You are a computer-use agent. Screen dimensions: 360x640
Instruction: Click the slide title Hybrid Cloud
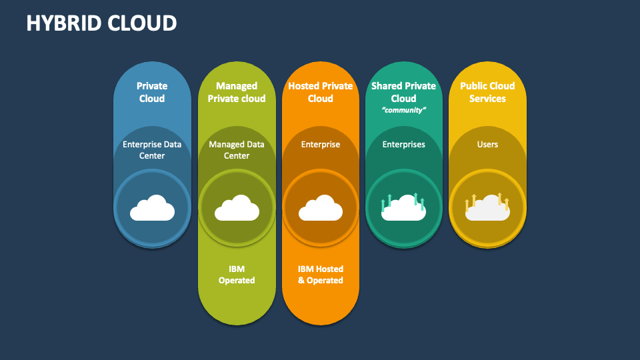click(101, 23)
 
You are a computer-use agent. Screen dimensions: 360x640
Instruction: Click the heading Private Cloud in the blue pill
click(152, 92)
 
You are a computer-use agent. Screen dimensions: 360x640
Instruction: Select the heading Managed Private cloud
click(237, 92)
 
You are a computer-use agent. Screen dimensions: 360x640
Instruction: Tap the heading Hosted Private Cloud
click(321, 92)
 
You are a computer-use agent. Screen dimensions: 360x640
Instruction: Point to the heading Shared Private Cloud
click(403, 92)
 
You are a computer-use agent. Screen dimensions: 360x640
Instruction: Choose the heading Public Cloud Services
click(487, 92)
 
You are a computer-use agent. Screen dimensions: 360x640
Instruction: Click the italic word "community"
click(403, 111)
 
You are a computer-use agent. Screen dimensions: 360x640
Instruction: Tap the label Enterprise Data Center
click(152, 150)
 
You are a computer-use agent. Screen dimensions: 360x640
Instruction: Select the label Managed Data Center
click(237, 150)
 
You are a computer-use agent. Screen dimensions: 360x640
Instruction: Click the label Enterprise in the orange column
click(321, 145)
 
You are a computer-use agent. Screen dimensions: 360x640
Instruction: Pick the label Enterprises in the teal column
click(403, 145)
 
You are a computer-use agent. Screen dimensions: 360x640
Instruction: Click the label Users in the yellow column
click(487, 145)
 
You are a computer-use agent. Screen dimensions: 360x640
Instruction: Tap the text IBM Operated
click(237, 275)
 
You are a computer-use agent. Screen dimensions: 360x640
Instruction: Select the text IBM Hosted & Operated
click(321, 275)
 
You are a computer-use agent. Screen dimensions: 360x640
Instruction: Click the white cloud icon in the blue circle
click(152, 209)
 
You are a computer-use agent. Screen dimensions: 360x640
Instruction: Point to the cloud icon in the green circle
click(237, 209)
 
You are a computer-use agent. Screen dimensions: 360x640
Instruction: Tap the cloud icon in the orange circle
click(321, 209)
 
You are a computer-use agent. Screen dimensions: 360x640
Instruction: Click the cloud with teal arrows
click(403, 209)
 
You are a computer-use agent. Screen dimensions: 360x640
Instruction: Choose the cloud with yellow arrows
click(487, 209)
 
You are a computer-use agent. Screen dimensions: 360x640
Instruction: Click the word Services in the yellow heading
click(487, 99)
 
